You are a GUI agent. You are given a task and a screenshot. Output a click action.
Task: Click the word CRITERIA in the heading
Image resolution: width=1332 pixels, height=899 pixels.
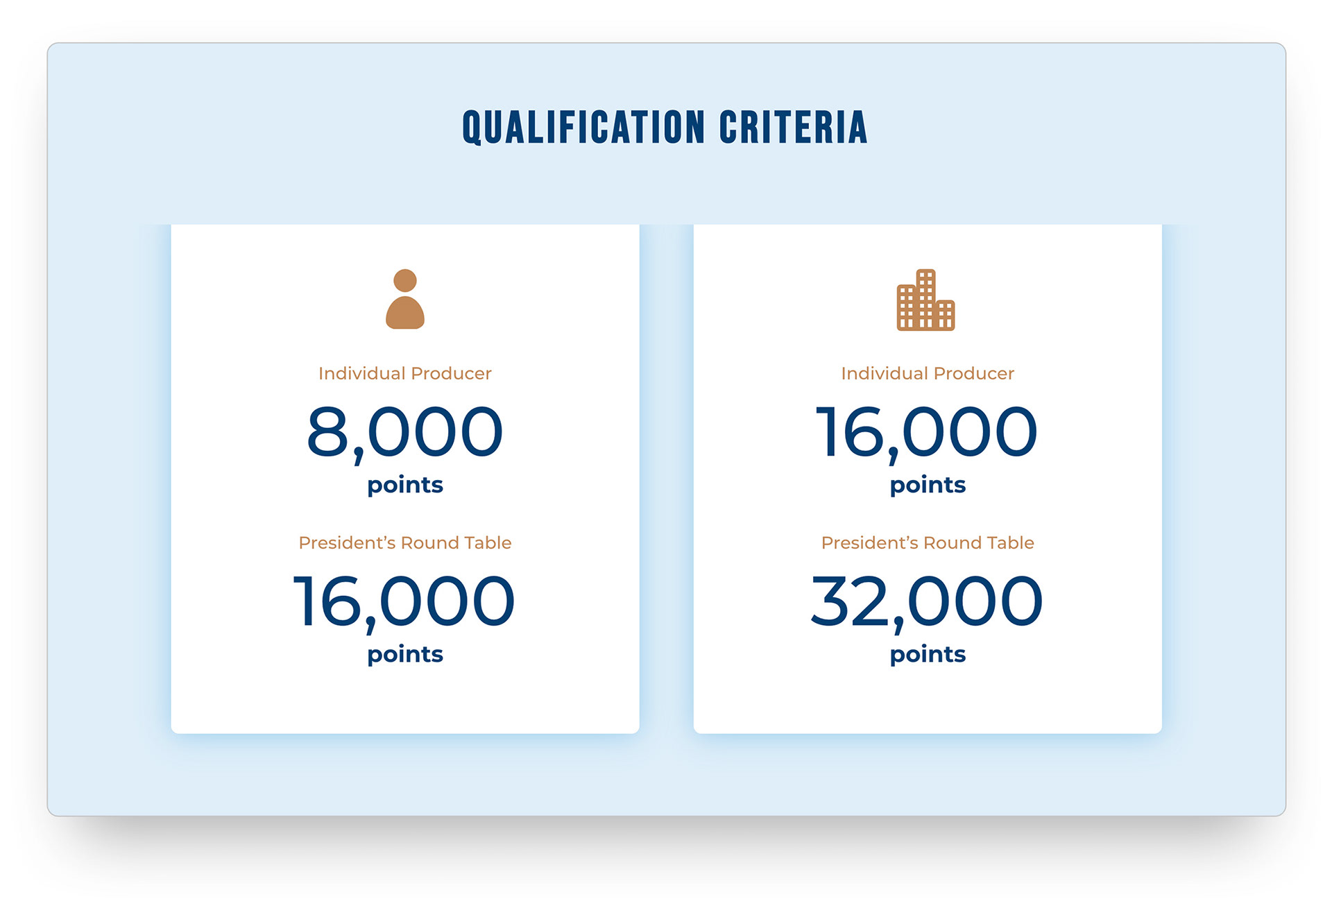(794, 127)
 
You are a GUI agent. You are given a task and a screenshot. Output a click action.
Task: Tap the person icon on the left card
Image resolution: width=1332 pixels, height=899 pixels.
(405, 299)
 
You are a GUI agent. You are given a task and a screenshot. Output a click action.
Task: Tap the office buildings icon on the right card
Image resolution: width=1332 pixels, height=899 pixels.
(925, 300)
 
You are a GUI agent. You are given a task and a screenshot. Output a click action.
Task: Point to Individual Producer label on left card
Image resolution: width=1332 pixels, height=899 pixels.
(405, 373)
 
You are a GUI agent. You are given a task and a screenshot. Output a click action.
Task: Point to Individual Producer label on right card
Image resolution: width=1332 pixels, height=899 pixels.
(928, 373)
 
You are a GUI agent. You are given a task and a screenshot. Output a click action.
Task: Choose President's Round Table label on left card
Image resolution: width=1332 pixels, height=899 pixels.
(405, 542)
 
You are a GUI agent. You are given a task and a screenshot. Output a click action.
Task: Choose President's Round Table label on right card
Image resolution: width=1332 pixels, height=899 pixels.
(928, 542)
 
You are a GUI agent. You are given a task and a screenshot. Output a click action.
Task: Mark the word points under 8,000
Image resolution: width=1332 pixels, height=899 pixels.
(405, 486)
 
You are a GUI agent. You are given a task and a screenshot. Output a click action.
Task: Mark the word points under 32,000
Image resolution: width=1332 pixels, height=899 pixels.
(928, 655)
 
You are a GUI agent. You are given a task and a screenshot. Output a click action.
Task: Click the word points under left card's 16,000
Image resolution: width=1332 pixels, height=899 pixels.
(405, 655)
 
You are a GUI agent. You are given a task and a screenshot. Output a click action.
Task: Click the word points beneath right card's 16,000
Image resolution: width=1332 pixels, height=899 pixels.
(928, 486)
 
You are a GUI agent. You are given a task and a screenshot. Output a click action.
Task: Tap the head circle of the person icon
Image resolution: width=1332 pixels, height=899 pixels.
(405, 281)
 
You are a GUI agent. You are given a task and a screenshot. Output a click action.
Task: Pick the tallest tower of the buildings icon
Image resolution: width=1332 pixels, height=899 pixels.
(926, 299)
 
